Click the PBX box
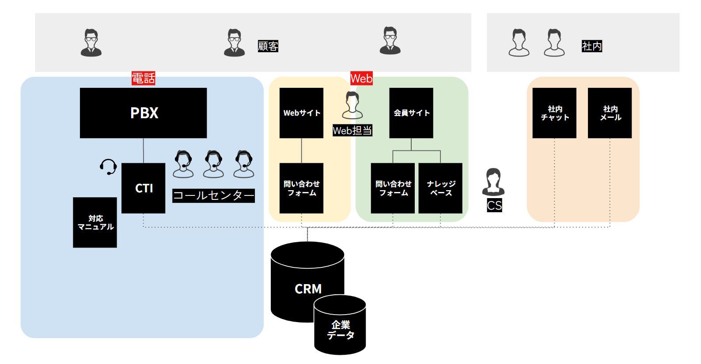[x=143, y=113]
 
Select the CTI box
[x=143, y=188]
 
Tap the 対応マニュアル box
[x=95, y=222]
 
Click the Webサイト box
[x=301, y=113]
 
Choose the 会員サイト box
[x=411, y=113]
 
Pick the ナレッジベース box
[x=440, y=188]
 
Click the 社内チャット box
[x=554, y=113]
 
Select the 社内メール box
[x=610, y=113]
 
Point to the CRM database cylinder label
[x=308, y=289]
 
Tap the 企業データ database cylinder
[x=340, y=330]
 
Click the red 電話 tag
[x=144, y=79]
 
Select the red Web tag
[x=361, y=79]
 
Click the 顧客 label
[x=268, y=46]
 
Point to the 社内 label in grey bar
[x=591, y=46]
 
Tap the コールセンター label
[x=213, y=195]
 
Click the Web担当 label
[x=352, y=131]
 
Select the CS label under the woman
[x=494, y=206]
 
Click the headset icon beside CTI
[x=108, y=167]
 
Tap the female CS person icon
[x=493, y=182]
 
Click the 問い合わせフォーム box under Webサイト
[x=301, y=188]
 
